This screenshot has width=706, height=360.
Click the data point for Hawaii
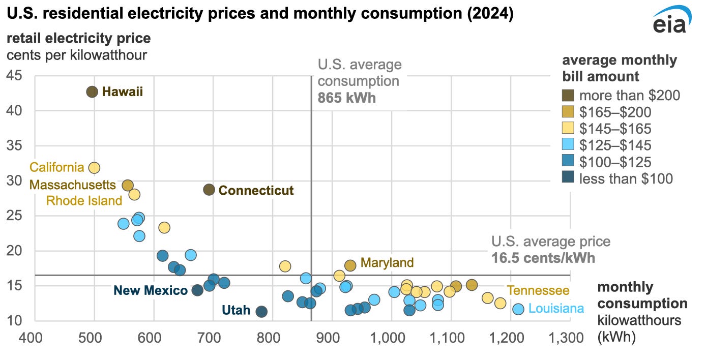pyautogui.click(x=92, y=92)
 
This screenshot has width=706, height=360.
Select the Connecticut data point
pyautogui.click(x=209, y=190)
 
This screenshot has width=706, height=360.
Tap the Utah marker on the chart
pyautogui.click(x=261, y=311)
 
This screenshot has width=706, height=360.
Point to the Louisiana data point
pyautogui.click(x=518, y=309)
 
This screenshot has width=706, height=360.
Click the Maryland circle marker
pyautogui.click(x=350, y=265)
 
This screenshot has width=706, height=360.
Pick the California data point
pyautogui.click(x=94, y=167)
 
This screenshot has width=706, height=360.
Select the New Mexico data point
pyautogui.click(x=197, y=290)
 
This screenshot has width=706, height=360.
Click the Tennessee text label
pyautogui.click(x=538, y=290)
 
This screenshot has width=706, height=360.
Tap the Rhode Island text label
pyautogui.click(x=84, y=200)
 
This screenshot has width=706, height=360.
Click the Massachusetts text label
pyautogui.click(x=73, y=184)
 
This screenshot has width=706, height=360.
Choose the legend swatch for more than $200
pyautogui.click(x=568, y=95)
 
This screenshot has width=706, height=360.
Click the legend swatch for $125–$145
pyautogui.click(x=568, y=145)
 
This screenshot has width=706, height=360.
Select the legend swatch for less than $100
pyautogui.click(x=568, y=178)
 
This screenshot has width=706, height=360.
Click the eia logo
pyautogui.click(x=670, y=20)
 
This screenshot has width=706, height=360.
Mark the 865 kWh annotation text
pyautogui.click(x=346, y=97)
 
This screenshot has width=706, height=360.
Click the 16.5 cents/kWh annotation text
pyautogui.click(x=543, y=258)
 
